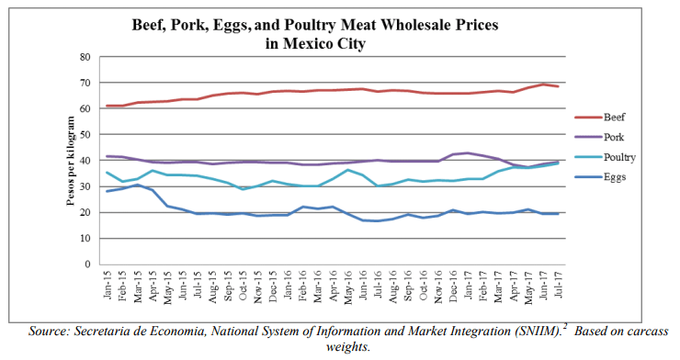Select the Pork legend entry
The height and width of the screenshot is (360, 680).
pos(599,137)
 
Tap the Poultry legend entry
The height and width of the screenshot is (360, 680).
pos(605,157)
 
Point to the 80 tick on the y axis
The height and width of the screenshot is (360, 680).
pos(85,57)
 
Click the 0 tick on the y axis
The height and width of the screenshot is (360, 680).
pos(88,264)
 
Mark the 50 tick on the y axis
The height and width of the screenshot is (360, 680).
pos(85,135)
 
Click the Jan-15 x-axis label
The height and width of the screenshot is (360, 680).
pos(108,284)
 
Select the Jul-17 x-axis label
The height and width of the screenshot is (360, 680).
pos(559,284)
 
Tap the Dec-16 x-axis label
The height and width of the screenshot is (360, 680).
pos(453,285)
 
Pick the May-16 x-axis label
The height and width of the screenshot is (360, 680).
pos(347,287)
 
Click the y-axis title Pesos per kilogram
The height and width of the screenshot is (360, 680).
pos(71,161)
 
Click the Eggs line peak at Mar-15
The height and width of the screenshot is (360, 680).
pos(137,185)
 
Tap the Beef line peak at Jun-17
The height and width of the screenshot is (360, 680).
pos(544,84)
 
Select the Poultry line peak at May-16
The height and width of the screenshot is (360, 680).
pos(347,170)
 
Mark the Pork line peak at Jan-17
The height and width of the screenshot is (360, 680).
pos(469,152)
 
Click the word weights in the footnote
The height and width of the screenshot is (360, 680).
pos(347,347)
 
